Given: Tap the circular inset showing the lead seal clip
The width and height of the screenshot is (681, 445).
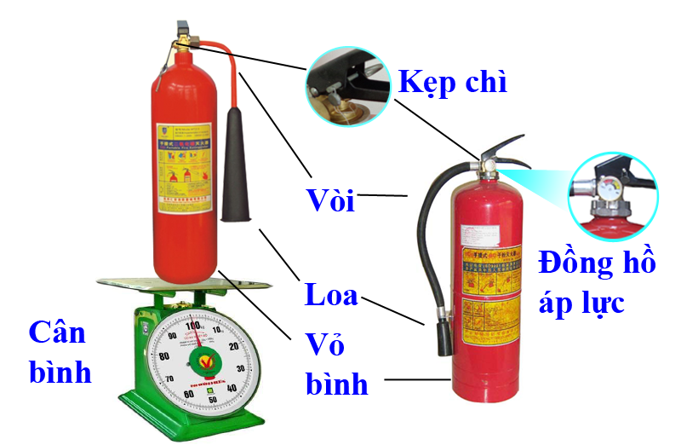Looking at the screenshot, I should pyautogui.click(x=349, y=84).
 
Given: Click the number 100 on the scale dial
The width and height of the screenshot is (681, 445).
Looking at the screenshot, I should pyautogui.click(x=194, y=326).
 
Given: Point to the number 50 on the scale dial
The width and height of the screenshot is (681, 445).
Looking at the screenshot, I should pyautogui.click(x=197, y=400).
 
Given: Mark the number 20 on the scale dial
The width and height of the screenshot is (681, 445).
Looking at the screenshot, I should pyautogui.click(x=234, y=346).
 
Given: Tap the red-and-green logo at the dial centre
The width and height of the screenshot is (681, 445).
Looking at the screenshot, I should pyautogui.click(x=198, y=361).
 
